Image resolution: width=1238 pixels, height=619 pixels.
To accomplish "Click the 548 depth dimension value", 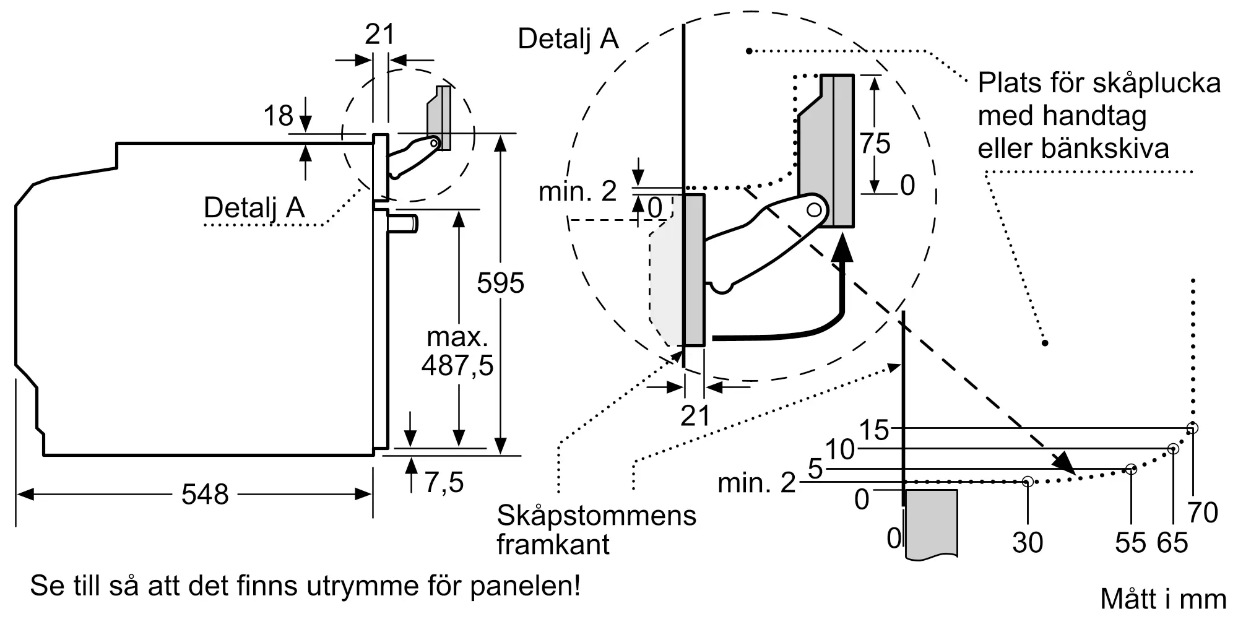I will pos(205,495).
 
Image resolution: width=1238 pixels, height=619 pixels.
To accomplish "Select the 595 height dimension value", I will pos(500,283).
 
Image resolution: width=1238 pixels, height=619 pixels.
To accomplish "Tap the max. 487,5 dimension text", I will pos(457,352).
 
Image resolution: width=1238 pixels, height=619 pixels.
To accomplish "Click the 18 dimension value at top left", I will pos(278,116).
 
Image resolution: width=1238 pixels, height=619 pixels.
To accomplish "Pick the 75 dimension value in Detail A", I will pos(875,144).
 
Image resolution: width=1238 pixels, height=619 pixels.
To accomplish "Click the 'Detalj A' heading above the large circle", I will pos(568,38).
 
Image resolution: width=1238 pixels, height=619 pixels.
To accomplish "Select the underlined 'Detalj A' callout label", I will pos(254,208).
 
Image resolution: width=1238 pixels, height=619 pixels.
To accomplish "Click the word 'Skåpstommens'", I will pos(597,516).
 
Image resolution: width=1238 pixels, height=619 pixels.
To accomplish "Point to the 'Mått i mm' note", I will pos(1163,599).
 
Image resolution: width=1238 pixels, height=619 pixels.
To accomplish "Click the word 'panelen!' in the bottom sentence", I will pos(525,586).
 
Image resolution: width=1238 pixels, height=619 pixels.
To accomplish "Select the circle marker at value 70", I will pos(1193,428).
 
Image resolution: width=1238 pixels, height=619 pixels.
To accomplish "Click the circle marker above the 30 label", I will pos(1028,481).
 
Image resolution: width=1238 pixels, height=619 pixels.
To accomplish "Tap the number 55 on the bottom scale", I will pos(1131,543).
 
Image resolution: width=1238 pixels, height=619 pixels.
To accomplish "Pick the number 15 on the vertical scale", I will pos(874,430).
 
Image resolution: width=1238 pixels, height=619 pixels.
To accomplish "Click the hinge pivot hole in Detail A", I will pos(815,210).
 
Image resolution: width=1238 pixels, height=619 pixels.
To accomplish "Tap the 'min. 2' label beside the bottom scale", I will pos(756,483).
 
